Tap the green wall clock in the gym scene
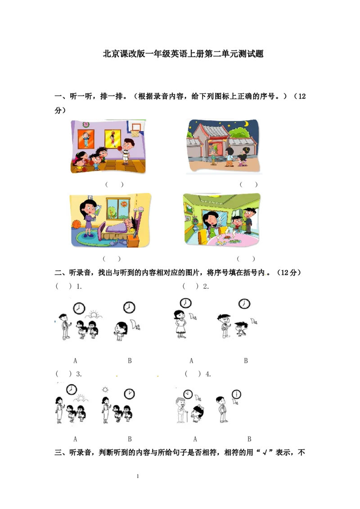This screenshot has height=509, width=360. pyautogui.click(x=86, y=125)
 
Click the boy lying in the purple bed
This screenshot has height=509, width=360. pyautogui.click(x=134, y=225)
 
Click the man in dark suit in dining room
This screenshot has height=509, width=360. pyautogui.click(x=248, y=219)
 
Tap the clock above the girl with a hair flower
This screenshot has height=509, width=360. pyautogui.click(x=129, y=308)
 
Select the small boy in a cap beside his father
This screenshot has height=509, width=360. pyautogui.click(x=240, y=329)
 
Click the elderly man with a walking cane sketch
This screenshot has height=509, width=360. pyautogui.click(x=181, y=410)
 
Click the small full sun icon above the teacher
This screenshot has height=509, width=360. pyautogui.click(x=106, y=389)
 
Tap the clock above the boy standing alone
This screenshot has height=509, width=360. pyautogui.click(x=236, y=394)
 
